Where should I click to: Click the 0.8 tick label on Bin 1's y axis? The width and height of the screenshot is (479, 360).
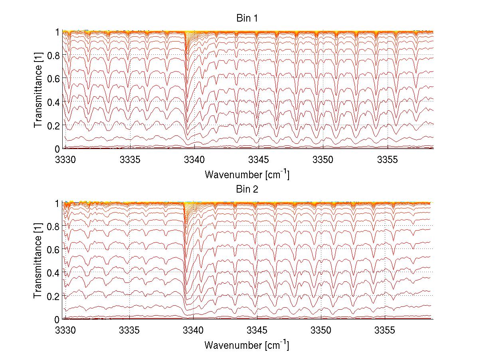point(53,55)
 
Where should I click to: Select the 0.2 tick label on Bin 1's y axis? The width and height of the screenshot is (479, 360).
point(53,125)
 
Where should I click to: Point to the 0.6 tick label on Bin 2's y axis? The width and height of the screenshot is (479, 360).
point(53,249)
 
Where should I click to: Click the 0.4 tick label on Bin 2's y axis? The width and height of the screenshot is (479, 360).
point(53,272)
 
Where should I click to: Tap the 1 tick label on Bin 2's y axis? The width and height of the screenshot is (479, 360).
point(57,203)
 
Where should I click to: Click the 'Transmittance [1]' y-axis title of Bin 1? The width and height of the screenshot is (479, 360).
point(38,90)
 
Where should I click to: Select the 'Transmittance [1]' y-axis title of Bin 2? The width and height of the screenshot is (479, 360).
point(38,261)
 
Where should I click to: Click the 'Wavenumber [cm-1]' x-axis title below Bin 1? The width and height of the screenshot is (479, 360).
point(247,174)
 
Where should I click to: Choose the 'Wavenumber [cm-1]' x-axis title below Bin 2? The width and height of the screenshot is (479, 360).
point(247,344)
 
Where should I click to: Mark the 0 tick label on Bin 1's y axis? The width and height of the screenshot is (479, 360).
point(57,149)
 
